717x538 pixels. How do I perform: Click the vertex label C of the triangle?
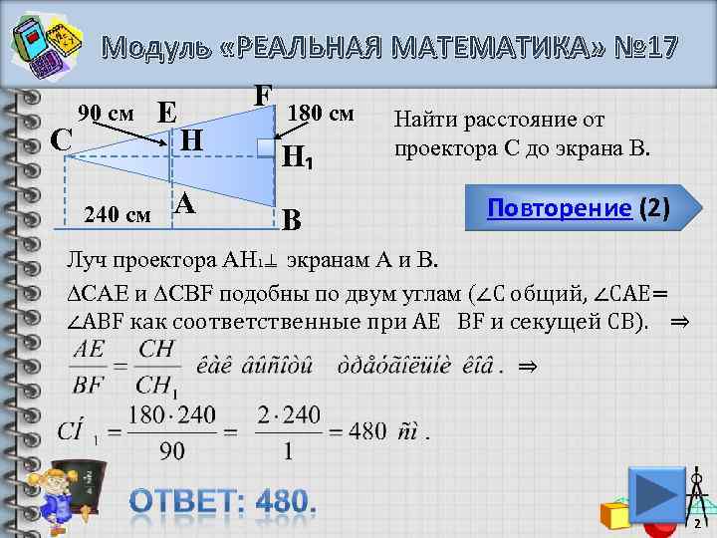(60, 138)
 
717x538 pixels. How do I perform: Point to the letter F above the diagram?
(262, 95)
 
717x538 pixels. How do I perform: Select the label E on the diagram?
(166, 112)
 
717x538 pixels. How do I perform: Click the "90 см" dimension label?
(107, 113)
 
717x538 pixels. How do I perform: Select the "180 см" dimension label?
(321, 113)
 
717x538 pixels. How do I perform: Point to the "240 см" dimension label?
(118, 213)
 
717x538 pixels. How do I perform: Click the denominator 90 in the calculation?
(171, 451)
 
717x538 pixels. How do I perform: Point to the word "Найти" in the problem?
(422, 121)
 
